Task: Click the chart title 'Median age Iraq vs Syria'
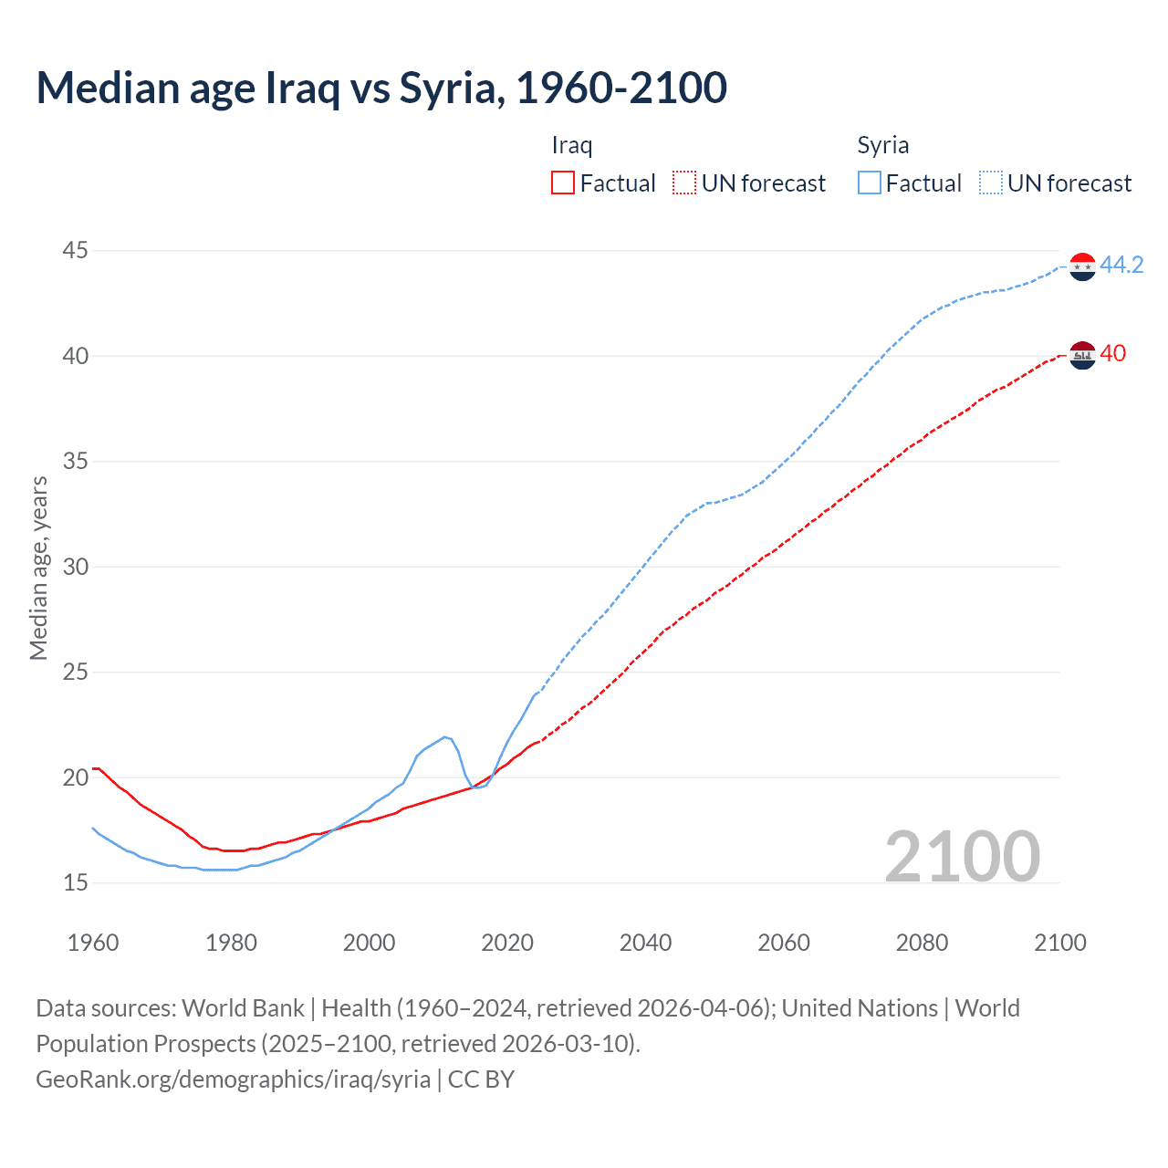(381, 89)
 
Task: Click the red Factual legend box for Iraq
(563, 183)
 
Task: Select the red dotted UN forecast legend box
(684, 183)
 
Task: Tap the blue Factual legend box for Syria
(870, 183)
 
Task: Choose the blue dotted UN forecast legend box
(991, 183)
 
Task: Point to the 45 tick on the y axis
(76, 250)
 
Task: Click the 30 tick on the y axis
(76, 567)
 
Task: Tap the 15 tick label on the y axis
(76, 882)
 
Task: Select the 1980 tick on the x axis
(231, 943)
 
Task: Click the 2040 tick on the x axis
(645, 943)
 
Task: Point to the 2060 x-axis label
(784, 943)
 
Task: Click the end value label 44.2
(1121, 265)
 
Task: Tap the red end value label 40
(1112, 353)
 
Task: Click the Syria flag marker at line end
(1082, 266)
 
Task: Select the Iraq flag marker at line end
(1082, 354)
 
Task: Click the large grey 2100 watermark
(962, 856)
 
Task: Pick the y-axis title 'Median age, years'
(38, 568)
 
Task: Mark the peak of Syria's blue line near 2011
(445, 736)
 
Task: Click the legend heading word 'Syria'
(882, 145)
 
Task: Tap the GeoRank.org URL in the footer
(233, 1079)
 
